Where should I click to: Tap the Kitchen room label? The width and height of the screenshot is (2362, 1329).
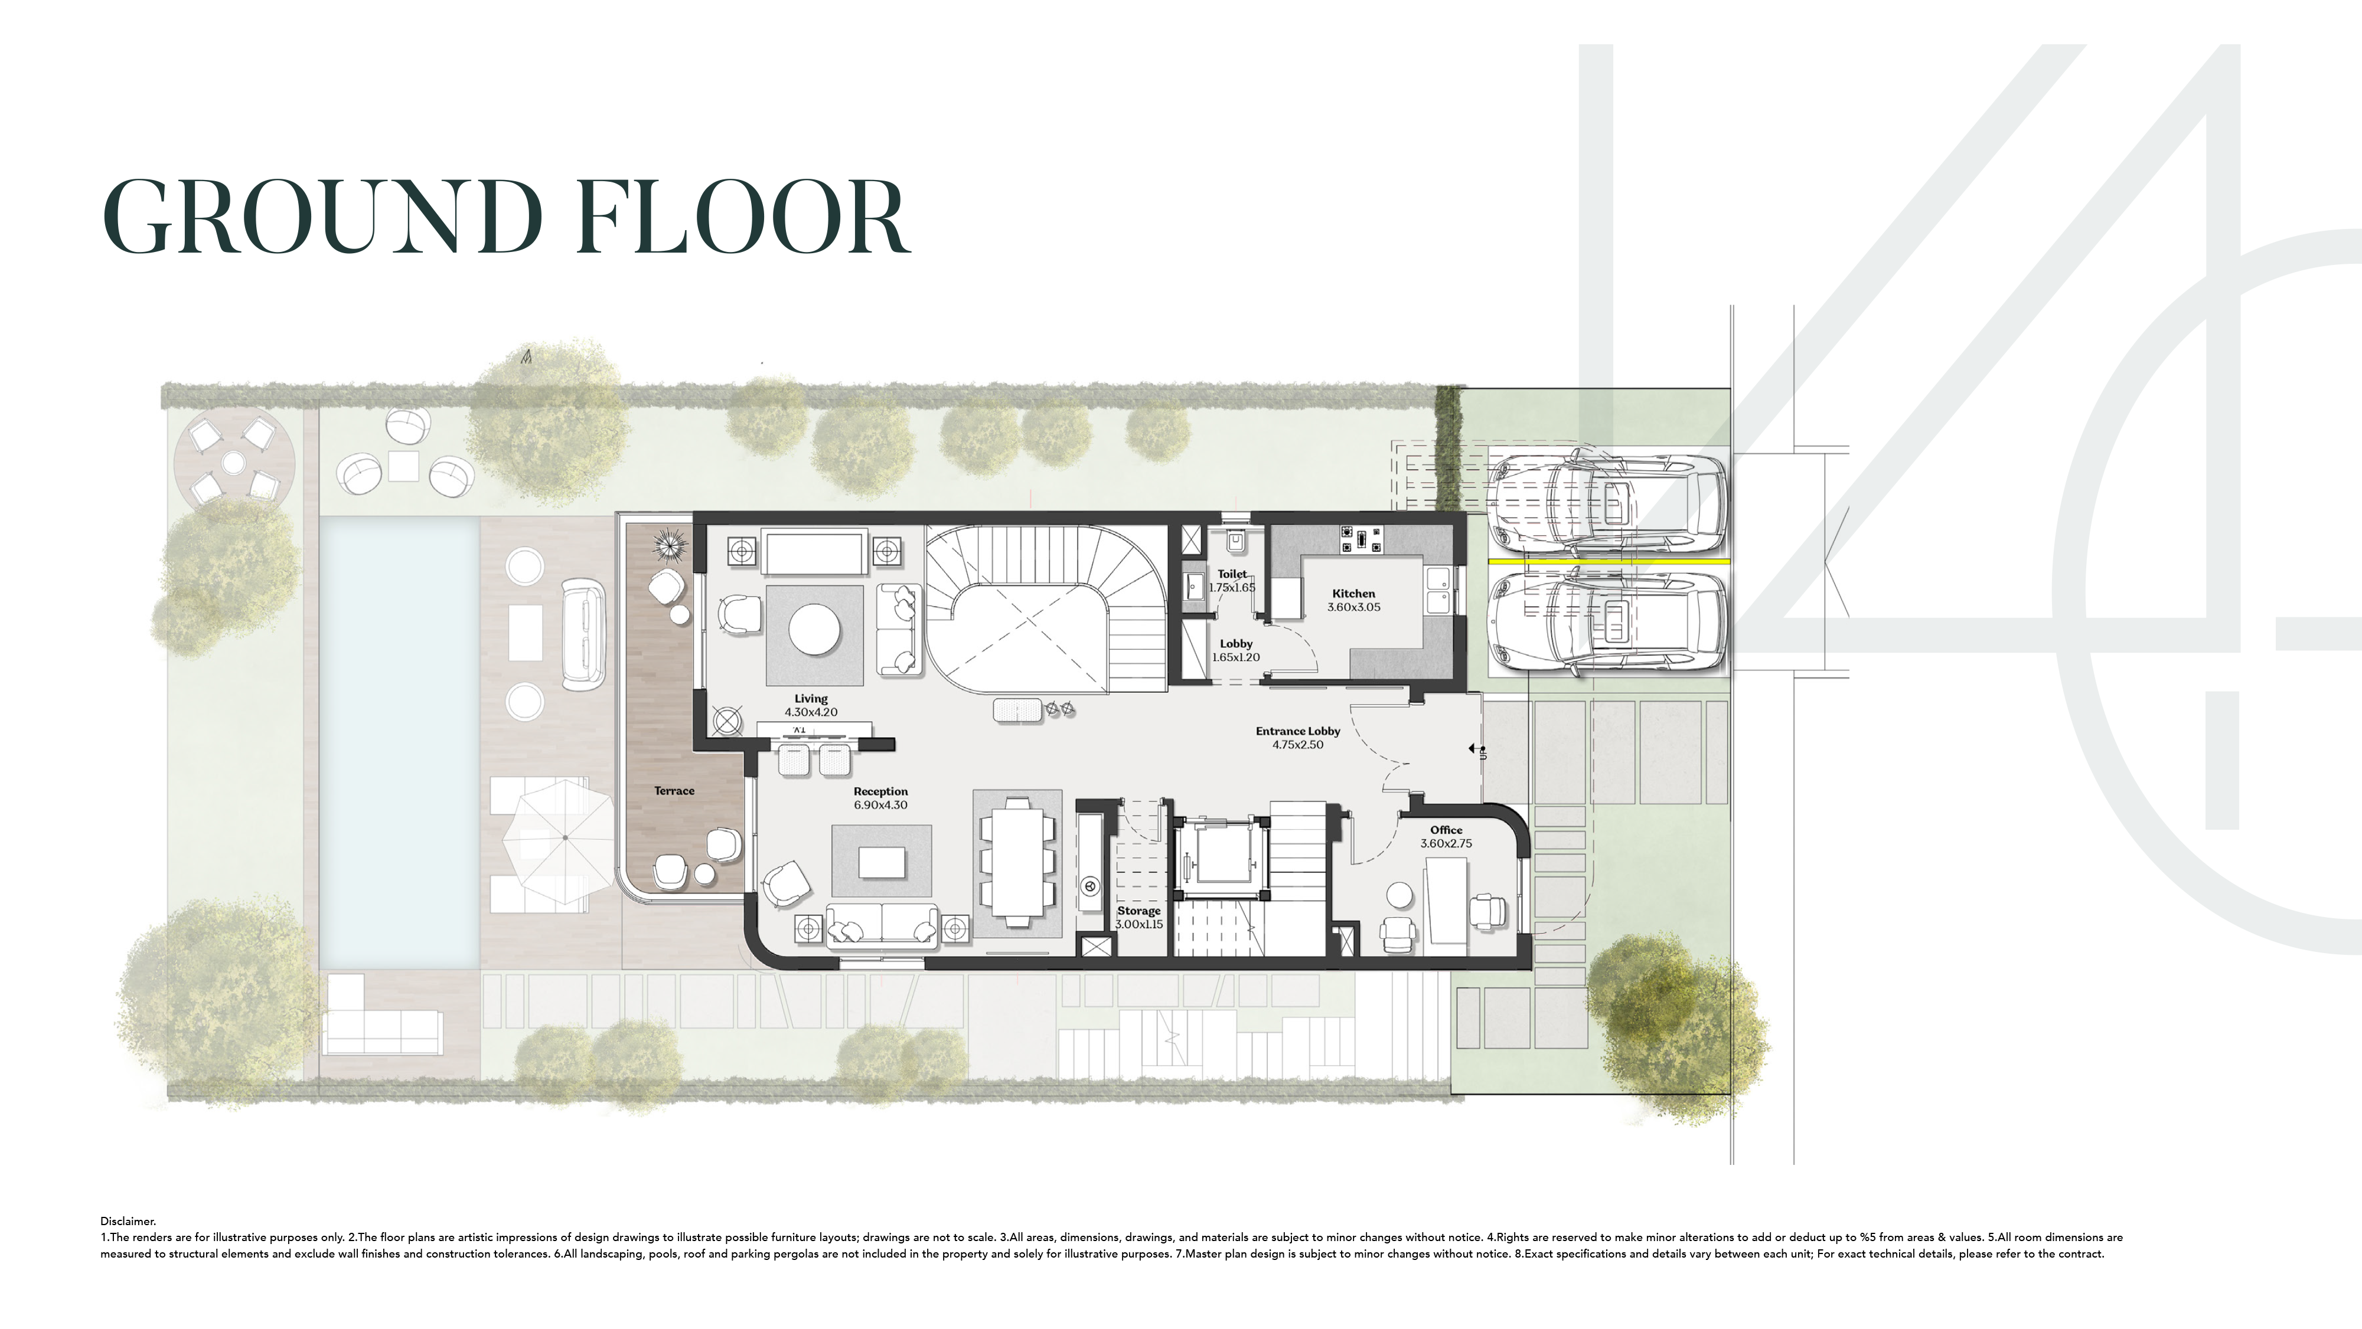[1353, 594]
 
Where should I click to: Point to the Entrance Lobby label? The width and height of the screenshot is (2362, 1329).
[1297, 731]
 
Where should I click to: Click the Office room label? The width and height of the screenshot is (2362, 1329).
[1446, 830]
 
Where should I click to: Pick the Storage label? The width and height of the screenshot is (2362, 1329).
[1139, 911]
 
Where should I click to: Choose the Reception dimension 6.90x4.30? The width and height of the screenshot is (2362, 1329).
[880, 806]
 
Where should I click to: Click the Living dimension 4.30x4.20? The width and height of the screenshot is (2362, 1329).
[811, 712]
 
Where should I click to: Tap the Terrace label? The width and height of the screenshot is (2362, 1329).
[674, 791]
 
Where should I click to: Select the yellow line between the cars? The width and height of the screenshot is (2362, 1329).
[1609, 561]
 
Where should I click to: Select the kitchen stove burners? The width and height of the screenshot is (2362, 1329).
[1362, 540]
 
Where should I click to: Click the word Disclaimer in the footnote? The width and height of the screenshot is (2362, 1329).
[128, 1221]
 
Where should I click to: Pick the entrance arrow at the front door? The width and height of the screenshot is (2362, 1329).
[1476, 749]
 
